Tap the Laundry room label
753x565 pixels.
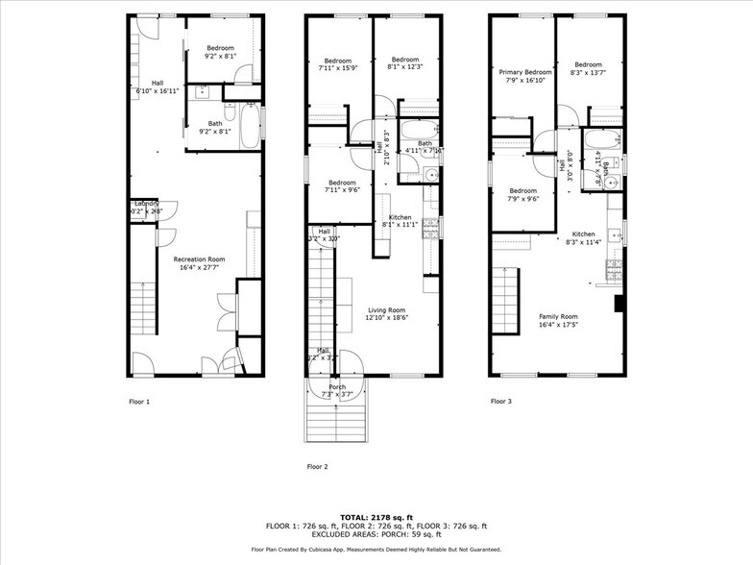pyautogui.click(x=146, y=205)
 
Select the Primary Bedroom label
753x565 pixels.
pyautogui.click(x=525, y=72)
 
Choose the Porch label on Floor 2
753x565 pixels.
pyautogui.click(x=336, y=386)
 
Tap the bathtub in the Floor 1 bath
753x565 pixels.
pyautogui.click(x=249, y=126)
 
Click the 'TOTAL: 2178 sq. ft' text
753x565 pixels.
pyautogui.click(x=376, y=517)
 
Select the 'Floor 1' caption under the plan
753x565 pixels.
pyautogui.click(x=139, y=401)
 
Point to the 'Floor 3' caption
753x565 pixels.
pyautogui.click(x=500, y=401)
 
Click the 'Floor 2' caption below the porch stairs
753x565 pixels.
pyautogui.click(x=317, y=466)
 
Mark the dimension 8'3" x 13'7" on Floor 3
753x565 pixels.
pyautogui.click(x=588, y=72)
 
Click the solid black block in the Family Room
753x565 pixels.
pyautogui.click(x=619, y=305)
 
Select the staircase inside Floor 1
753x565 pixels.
pyautogui.click(x=142, y=305)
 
